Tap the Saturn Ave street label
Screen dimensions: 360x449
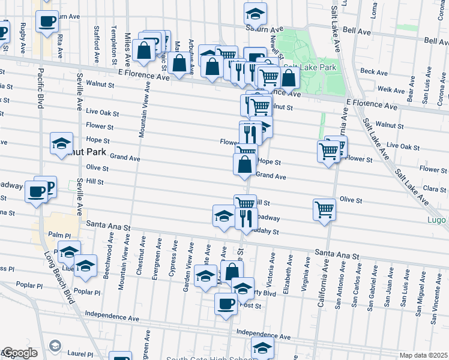click(x=264, y=29)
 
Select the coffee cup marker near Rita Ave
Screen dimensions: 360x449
click(x=47, y=22)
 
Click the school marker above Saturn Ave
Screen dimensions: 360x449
click(x=255, y=13)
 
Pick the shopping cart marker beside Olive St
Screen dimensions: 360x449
click(x=324, y=209)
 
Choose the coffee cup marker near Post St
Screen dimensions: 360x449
click(x=226, y=304)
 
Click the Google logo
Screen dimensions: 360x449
click(x=19, y=353)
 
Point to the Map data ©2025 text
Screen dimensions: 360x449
click(x=423, y=355)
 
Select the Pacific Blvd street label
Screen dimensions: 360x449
click(x=41, y=89)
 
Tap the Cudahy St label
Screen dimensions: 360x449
click(x=268, y=232)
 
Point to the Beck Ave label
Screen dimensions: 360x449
click(x=374, y=72)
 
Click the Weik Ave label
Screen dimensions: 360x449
click(x=391, y=90)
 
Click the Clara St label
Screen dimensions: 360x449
click(x=431, y=188)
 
